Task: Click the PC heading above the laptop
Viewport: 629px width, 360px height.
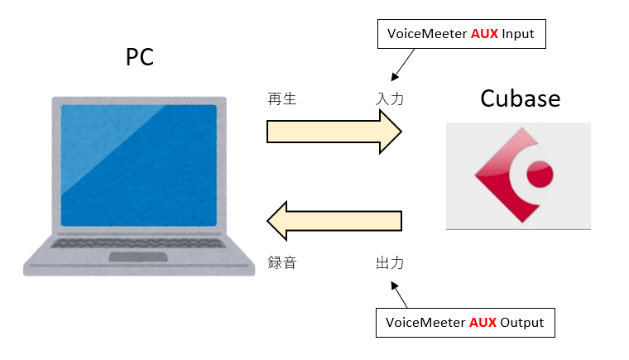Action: [x=140, y=57]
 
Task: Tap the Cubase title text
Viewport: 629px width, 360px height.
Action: [x=521, y=98]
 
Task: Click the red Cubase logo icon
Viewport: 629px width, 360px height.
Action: [x=514, y=175]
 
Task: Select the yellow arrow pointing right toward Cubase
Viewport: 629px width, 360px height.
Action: [x=334, y=132]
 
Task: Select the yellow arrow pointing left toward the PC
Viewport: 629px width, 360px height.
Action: [x=334, y=221]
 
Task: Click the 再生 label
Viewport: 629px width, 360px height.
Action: [x=282, y=98]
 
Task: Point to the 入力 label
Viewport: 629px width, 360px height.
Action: [x=390, y=98]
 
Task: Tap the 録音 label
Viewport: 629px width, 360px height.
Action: [x=282, y=263]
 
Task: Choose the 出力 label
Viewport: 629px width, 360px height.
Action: [x=390, y=263]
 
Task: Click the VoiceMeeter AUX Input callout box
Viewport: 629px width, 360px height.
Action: [x=461, y=34]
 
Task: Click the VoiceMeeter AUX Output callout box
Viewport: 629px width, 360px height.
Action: [x=465, y=323]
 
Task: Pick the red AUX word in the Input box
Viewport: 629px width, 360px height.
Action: [x=484, y=34]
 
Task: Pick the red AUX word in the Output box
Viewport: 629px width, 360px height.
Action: [x=483, y=322]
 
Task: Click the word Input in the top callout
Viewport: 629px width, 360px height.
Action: [x=518, y=35]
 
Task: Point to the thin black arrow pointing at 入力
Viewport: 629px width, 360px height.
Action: [x=403, y=65]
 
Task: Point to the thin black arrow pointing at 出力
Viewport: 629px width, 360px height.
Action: [x=399, y=295]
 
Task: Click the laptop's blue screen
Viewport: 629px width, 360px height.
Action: [x=139, y=166]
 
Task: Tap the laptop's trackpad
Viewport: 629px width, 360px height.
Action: [x=138, y=257]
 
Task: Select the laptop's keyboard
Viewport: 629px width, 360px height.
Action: [x=138, y=243]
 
